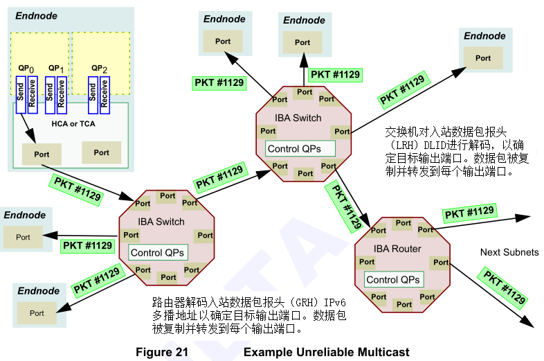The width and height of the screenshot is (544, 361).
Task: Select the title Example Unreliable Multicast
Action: coord(322,352)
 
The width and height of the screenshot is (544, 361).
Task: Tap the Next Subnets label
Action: coord(509,252)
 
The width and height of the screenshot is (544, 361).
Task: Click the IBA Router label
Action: coord(397,249)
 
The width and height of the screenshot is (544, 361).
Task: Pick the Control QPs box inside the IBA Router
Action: coord(392,280)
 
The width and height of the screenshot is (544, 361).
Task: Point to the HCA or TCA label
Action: coord(73,123)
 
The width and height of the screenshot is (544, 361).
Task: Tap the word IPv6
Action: coord(334,303)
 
